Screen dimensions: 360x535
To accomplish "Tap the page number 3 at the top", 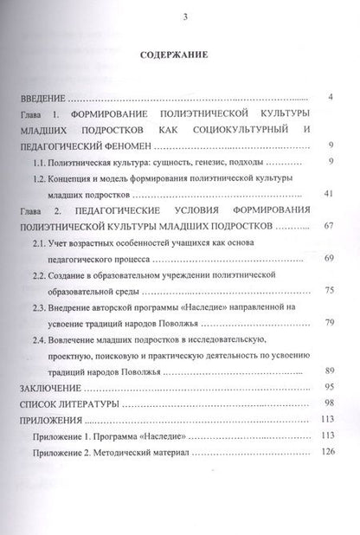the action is [180, 18].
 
